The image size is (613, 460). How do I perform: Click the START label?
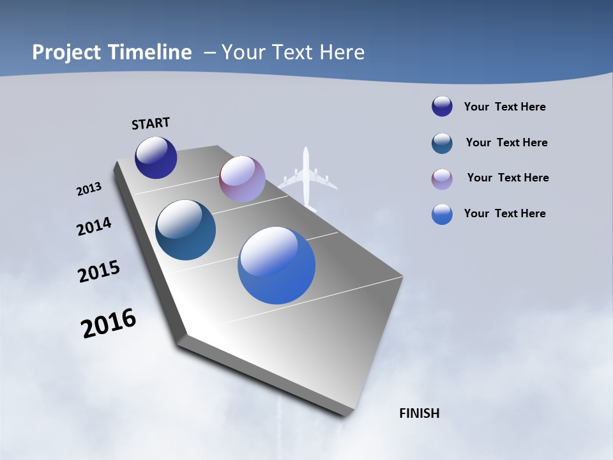(x=151, y=123)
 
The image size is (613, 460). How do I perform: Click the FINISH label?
(x=419, y=413)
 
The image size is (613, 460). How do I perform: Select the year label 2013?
(x=89, y=189)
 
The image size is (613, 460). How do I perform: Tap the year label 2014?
(x=95, y=227)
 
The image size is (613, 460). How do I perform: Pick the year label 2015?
(x=99, y=272)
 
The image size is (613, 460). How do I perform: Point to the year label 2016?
(x=109, y=323)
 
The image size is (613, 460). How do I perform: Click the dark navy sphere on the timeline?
(x=156, y=158)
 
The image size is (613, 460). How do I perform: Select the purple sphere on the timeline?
(x=242, y=180)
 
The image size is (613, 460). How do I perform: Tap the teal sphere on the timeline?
(x=186, y=230)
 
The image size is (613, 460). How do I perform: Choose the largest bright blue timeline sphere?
(x=276, y=265)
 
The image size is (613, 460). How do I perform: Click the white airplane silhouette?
(x=307, y=179)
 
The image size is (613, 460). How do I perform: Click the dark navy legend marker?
(x=442, y=107)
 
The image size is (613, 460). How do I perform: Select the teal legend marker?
(x=442, y=143)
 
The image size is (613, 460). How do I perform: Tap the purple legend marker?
(x=442, y=179)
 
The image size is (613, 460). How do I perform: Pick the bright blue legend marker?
(x=442, y=215)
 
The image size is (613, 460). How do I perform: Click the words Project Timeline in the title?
(x=112, y=52)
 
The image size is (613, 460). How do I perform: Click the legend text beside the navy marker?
(x=504, y=107)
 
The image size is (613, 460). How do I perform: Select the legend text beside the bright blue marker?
(x=504, y=213)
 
